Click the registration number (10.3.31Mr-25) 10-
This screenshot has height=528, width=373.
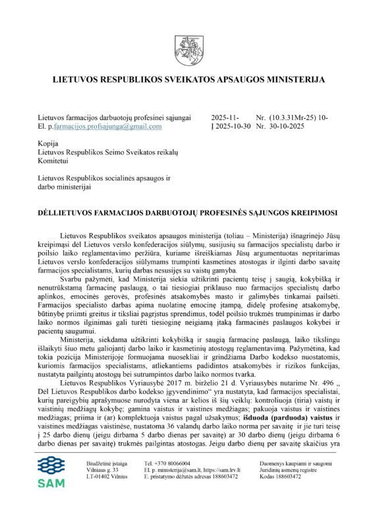pyautogui.click(x=303, y=117)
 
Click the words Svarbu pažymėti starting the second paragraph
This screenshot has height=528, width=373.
pyautogui.click(x=84, y=262)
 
